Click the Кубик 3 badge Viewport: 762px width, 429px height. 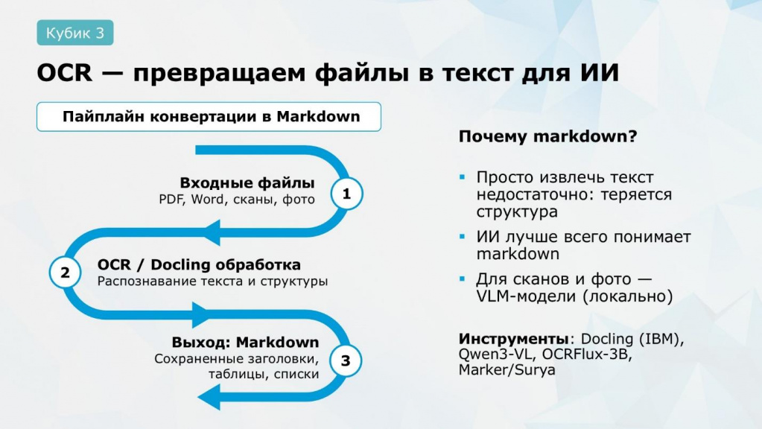coord(75,33)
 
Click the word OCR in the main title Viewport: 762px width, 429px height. coord(65,73)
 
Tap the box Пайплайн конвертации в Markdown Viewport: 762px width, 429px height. coord(209,117)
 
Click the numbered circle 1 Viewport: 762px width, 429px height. coord(346,194)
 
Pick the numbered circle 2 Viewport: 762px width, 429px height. coord(65,273)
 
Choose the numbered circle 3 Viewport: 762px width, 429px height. coord(346,361)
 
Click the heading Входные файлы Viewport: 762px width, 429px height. coord(247,182)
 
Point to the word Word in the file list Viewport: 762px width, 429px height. coord(208,199)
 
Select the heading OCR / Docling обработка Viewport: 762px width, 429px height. coord(199,265)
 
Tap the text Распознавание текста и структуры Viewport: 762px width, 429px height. coord(212,282)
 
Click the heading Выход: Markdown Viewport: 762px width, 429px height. coord(245,342)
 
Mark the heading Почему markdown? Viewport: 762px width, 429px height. coord(547,136)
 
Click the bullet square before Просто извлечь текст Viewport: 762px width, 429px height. coord(462,177)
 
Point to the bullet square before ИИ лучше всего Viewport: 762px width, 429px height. coord(462,237)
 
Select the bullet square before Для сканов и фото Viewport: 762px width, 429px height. coord(462,279)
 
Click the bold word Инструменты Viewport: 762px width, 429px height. coord(514,339)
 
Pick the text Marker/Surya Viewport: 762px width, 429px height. coord(507,369)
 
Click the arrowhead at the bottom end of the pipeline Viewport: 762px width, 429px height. coord(209,396)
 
